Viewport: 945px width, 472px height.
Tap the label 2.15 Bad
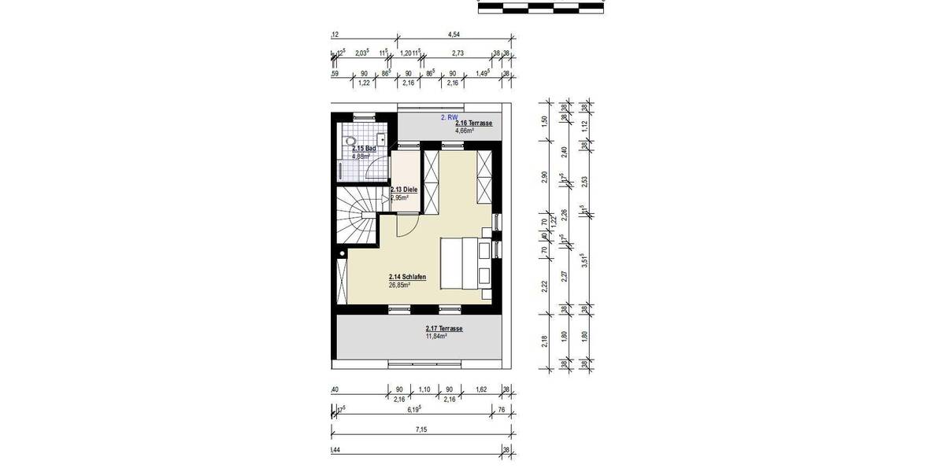362,148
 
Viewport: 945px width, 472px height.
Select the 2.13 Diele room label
403,190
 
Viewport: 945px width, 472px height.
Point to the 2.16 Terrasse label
474,123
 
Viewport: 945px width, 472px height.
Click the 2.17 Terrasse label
443,328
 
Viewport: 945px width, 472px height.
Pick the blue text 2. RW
448,116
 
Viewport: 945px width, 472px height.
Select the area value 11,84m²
436,336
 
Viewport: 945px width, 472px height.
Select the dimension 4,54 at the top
454,35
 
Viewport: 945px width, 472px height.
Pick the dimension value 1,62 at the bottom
482,389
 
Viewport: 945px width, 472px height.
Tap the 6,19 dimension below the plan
412,410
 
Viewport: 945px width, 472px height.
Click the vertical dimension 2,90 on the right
543,176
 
